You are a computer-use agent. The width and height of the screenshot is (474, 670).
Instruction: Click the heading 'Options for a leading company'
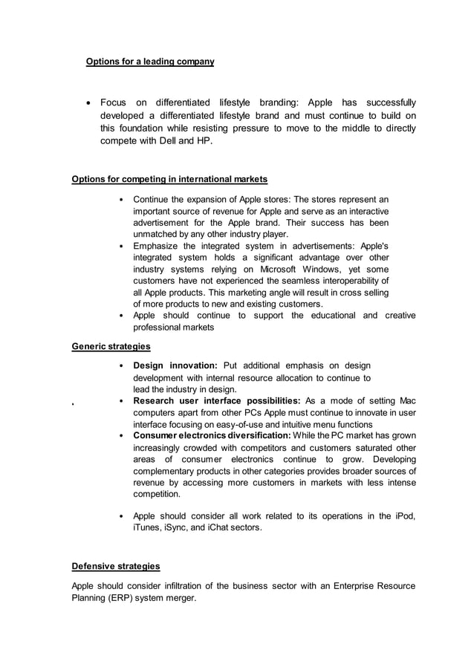pyautogui.click(x=150, y=61)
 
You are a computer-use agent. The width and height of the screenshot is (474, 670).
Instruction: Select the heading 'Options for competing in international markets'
pyautogui.click(x=169, y=179)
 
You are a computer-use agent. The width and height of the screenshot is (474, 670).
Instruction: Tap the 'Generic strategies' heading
pyautogui.click(x=111, y=345)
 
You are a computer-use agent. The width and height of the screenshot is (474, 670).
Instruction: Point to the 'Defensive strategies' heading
pyautogui.click(x=115, y=566)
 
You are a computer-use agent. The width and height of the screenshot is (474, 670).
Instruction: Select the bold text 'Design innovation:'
pyautogui.click(x=175, y=365)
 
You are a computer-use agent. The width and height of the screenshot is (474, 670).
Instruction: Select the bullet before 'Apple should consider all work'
pyautogui.click(x=121, y=515)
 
